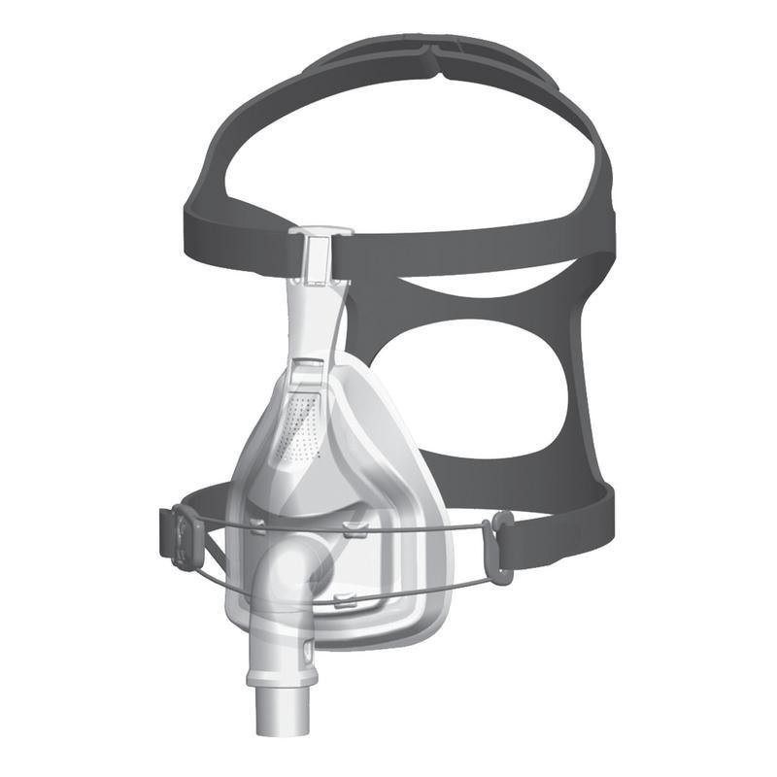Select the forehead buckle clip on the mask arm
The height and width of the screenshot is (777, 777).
point(319,254)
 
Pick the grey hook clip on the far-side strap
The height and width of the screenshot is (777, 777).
point(501,549)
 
